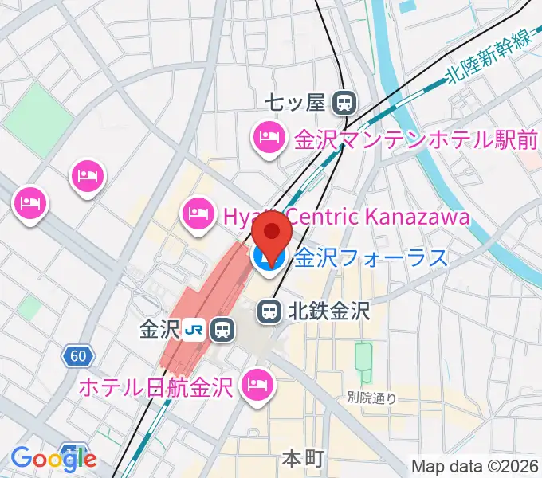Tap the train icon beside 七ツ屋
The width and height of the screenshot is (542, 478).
pyautogui.click(x=344, y=102)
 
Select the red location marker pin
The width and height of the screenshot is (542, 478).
pyautogui.click(x=272, y=237)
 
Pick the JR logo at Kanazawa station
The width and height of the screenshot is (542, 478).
pyautogui.click(x=194, y=329)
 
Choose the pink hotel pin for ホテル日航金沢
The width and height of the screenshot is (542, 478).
pyautogui.click(x=259, y=386)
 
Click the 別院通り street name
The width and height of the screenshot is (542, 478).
pyautogui.click(x=372, y=397)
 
